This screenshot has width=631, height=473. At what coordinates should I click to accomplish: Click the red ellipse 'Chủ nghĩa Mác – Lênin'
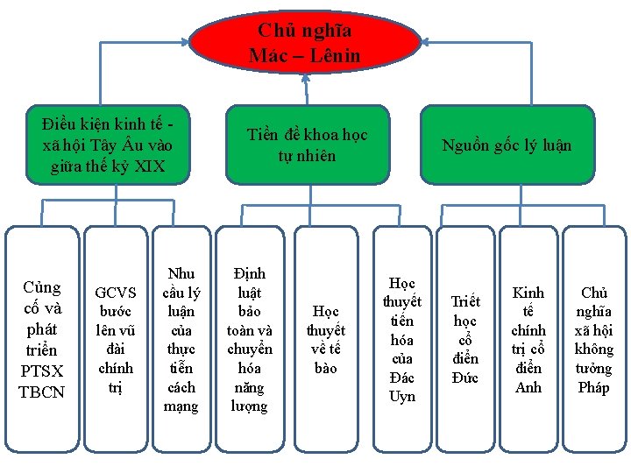pyautogui.click(x=304, y=43)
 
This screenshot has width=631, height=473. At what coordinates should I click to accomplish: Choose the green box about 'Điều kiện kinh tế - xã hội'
pyautogui.click(x=108, y=145)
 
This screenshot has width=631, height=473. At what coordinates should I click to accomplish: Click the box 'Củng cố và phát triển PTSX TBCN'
pyautogui.click(x=42, y=340)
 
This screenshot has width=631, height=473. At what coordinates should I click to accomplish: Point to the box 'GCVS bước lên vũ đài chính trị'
pyautogui.click(x=116, y=340)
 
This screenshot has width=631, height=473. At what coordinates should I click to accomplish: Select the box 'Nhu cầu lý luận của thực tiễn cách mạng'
pyautogui.click(x=181, y=340)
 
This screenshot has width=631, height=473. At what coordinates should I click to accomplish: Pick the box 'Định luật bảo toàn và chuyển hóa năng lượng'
pyautogui.click(x=250, y=340)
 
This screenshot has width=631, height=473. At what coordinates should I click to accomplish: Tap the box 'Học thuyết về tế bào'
pyautogui.click(x=325, y=340)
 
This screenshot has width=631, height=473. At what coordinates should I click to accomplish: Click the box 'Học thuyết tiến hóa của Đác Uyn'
pyautogui.click(x=402, y=340)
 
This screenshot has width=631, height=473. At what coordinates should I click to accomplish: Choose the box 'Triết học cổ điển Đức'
pyautogui.click(x=465, y=340)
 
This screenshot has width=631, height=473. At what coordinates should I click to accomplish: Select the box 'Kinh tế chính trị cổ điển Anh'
pyautogui.click(x=528, y=340)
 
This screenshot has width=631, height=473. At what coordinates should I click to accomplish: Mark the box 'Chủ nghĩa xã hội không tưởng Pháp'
pyautogui.click(x=594, y=340)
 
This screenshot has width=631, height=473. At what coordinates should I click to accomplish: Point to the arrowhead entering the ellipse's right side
pyautogui.click(x=424, y=41)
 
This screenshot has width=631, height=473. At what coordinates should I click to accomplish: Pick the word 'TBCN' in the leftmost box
pyautogui.click(x=42, y=392)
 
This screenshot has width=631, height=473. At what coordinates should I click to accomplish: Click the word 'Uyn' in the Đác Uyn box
pyautogui.click(x=402, y=396)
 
